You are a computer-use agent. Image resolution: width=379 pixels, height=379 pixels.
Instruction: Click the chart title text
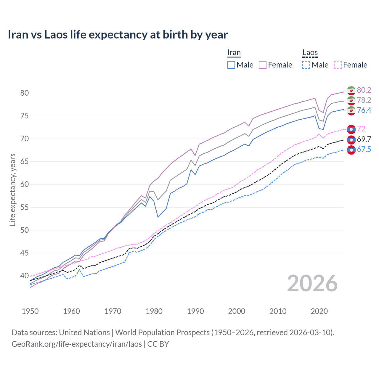point(118,35)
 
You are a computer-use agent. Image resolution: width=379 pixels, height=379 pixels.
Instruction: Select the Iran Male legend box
point(231,65)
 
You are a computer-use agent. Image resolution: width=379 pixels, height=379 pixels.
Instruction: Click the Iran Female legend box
point(263,65)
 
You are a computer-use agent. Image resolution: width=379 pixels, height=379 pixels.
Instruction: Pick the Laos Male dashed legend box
point(306,65)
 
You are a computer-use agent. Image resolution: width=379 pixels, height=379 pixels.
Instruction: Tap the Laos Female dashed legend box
point(338,65)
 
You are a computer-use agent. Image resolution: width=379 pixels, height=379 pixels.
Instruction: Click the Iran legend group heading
point(234,53)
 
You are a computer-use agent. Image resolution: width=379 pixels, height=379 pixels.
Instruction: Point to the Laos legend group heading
point(310,53)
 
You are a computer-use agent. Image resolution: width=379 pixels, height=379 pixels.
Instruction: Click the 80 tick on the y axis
point(25,93)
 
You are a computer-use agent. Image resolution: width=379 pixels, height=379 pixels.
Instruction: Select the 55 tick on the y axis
point(25,207)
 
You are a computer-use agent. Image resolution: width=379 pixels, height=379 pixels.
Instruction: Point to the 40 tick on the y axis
point(25,276)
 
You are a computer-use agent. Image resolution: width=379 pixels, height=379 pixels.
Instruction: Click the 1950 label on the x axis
point(30,311)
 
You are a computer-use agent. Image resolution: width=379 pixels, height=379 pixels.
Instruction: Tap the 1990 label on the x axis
point(195,311)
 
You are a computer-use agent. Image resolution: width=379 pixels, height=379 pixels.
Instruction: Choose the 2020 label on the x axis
point(319,311)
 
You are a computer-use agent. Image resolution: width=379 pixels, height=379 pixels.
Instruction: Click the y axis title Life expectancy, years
point(12,189)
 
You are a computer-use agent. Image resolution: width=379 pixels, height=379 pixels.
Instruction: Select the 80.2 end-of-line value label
point(364,90)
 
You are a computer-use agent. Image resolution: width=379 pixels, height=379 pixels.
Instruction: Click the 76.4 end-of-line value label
point(364,110)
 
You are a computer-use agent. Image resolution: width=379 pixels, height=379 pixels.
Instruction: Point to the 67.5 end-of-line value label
point(364,149)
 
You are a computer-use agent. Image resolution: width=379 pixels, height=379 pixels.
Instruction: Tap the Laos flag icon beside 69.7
point(351,139)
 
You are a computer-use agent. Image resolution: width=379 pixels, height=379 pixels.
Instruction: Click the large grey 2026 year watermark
point(312,283)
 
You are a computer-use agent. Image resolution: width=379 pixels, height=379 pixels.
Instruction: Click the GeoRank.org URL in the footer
point(76,344)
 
